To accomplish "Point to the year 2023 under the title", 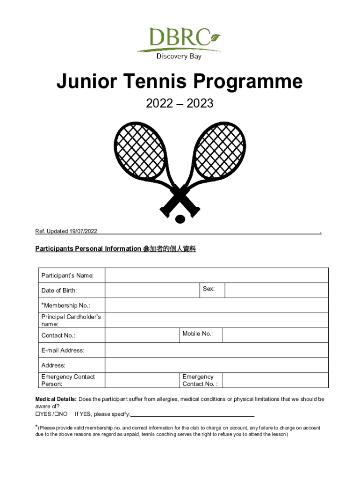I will (x=200, y=104).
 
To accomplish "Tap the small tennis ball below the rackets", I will (x=180, y=218).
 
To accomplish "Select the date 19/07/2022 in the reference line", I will (x=83, y=231).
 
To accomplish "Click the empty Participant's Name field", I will (x=216, y=276).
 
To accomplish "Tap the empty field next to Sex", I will (x=276, y=290).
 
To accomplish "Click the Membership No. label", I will (x=66, y=305).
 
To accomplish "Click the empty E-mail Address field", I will (x=216, y=350).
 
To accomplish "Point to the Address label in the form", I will (x=53, y=365).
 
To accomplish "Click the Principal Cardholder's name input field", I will (x=216, y=320).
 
